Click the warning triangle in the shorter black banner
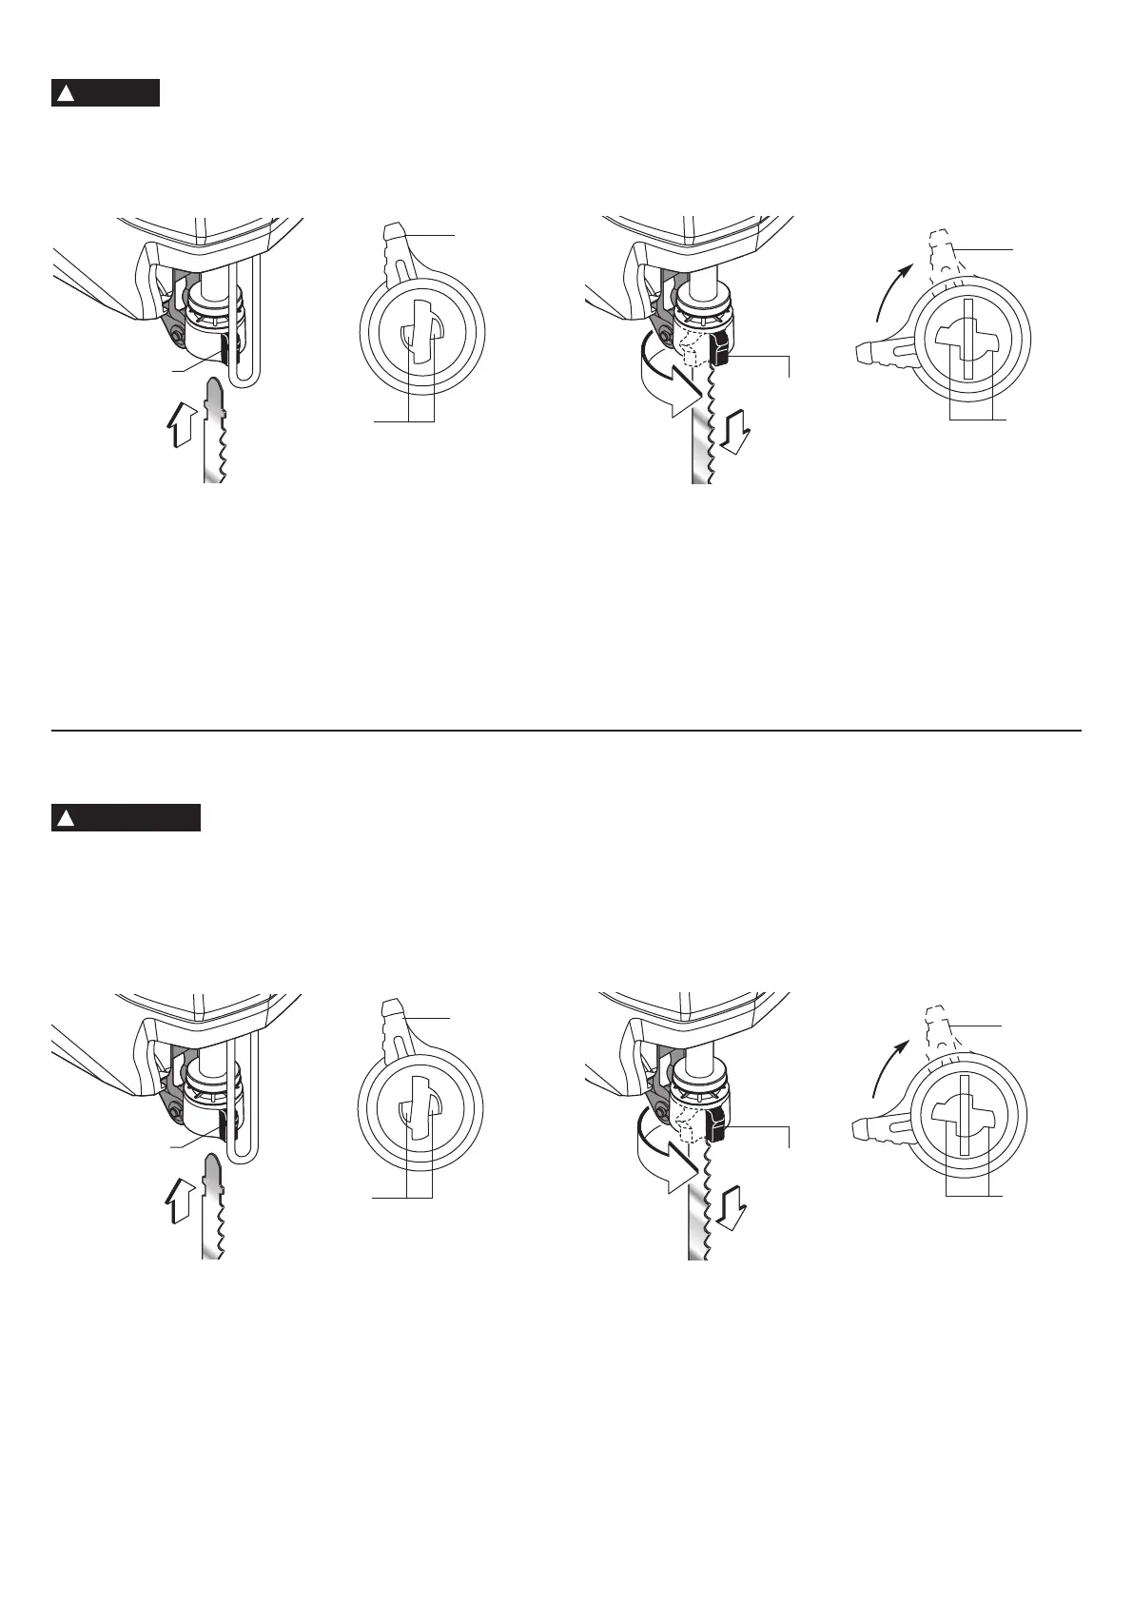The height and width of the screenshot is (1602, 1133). click(x=66, y=94)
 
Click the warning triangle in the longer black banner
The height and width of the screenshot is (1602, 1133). click(x=66, y=818)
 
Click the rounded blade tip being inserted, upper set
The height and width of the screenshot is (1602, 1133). click(x=213, y=390)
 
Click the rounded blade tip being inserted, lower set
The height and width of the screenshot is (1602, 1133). click(x=211, y=1166)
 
